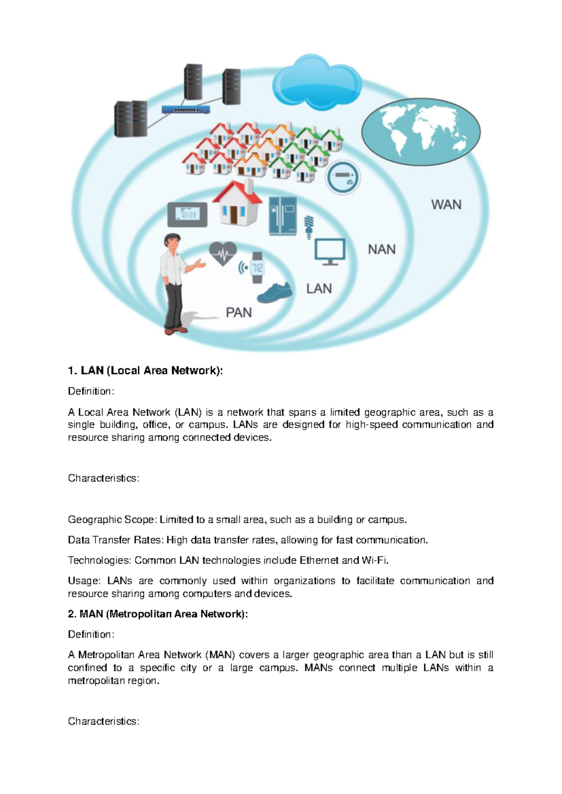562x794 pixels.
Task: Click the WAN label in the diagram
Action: pos(446,205)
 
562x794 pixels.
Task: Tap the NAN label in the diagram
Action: pos(381,249)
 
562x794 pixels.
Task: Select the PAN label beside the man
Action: pos(238,312)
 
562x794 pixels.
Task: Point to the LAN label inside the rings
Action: pos(319,288)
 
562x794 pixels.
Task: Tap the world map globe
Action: pos(421,132)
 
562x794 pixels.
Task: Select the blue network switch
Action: pos(185,110)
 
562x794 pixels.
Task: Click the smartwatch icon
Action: pos(257,268)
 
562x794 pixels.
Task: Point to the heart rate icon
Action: pos(222,253)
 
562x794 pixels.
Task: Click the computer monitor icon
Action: pos(330,251)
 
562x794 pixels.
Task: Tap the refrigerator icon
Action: pos(282,216)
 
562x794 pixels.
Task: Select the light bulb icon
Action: pos(309,227)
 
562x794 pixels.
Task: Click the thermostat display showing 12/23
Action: pos(187,214)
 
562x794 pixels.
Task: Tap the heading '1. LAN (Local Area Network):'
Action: pos(145,371)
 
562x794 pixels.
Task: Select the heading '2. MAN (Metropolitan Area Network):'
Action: pos(158,614)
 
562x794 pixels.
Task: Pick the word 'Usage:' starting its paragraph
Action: pos(84,581)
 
